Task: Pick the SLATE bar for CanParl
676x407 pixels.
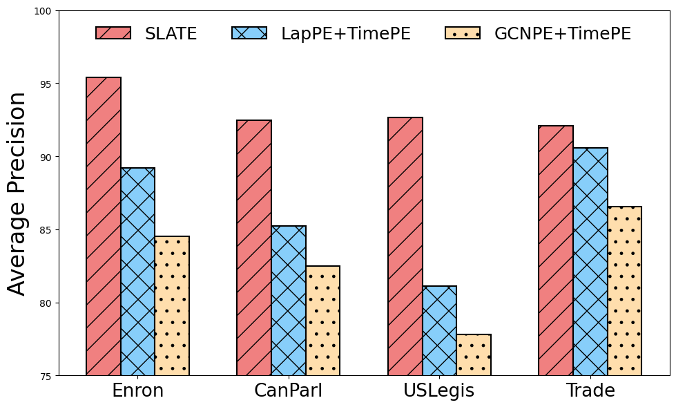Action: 254,248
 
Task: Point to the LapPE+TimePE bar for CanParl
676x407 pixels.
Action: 289,301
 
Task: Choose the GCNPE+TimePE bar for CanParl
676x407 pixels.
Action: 322,321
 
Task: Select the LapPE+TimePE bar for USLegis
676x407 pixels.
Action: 439,331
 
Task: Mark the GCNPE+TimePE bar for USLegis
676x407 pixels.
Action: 474,355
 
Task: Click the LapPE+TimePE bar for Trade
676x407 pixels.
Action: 590,262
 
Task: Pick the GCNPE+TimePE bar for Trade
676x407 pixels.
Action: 624,291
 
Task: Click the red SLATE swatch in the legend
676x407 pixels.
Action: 113,33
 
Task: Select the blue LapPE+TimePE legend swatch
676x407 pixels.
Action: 249,33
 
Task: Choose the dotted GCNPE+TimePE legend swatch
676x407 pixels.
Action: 463,33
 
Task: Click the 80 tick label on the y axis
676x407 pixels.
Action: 46,303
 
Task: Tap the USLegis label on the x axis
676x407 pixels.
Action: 439,391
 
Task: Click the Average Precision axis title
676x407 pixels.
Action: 18,193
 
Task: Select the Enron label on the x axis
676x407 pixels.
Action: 137,391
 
